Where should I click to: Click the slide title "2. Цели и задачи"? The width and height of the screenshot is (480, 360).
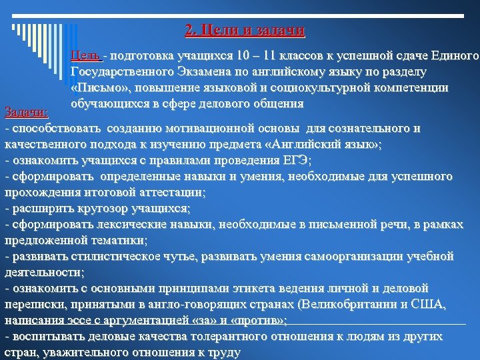(x=245, y=31)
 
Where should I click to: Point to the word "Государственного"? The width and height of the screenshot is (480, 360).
(x=127, y=71)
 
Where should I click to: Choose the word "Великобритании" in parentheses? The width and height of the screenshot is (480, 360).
(x=349, y=305)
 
